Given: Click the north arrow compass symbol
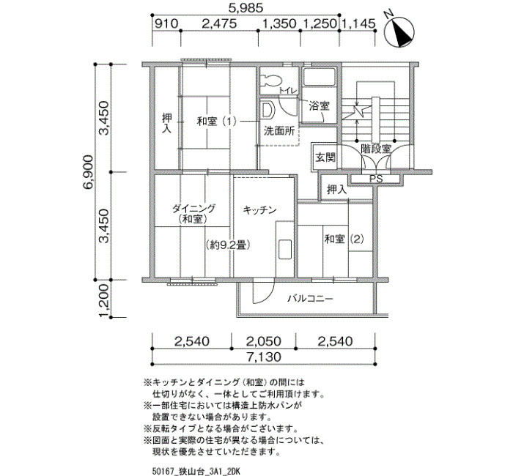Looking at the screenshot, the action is (x=399, y=31).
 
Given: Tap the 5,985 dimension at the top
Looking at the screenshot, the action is (x=246, y=8).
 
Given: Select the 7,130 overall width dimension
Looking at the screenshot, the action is (x=264, y=357).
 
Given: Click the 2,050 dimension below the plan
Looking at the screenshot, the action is (x=263, y=341).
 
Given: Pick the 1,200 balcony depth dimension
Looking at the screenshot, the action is (x=104, y=300).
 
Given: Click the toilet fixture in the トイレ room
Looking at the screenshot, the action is (x=271, y=79).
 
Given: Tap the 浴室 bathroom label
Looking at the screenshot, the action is (x=319, y=106).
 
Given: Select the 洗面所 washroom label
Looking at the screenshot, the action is (x=279, y=131).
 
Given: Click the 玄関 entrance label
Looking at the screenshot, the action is (x=325, y=158).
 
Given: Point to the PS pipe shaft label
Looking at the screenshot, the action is (x=376, y=179).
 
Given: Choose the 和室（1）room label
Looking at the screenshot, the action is (x=217, y=122).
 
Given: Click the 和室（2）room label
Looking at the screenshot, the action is (x=344, y=239).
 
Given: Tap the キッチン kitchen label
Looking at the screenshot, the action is (x=260, y=210).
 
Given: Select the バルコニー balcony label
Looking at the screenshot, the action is (x=311, y=299).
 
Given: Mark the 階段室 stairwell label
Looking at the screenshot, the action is (x=376, y=149).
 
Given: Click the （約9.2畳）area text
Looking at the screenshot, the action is (x=229, y=245).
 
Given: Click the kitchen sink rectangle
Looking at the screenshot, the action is (x=284, y=250).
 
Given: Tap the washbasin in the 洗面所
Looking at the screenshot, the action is (x=267, y=110).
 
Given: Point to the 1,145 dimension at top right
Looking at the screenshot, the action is (x=358, y=23).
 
